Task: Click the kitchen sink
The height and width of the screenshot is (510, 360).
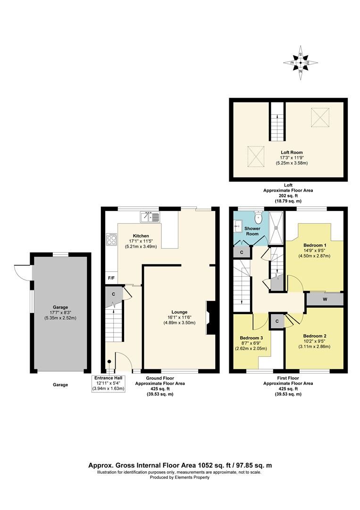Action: [x=150, y=217]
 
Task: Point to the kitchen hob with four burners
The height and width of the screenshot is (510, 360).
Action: [x=112, y=239]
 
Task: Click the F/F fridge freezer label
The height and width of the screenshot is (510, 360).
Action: [x=111, y=278]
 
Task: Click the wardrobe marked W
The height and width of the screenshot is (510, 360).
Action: [x=325, y=299]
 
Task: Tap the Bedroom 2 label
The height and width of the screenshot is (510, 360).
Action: [x=315, y=336]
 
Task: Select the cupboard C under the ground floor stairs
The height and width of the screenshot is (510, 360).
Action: [x=113, y=294]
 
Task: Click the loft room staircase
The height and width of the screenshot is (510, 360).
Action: [x=277, y=122]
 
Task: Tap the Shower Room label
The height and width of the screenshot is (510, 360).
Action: [x=252, y=231]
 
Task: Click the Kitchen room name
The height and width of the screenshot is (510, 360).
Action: [x=141, y=236]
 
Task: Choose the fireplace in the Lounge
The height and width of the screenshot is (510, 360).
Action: [x=209, y=319]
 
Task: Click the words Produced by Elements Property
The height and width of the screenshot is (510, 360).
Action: [x=180, y=477]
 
